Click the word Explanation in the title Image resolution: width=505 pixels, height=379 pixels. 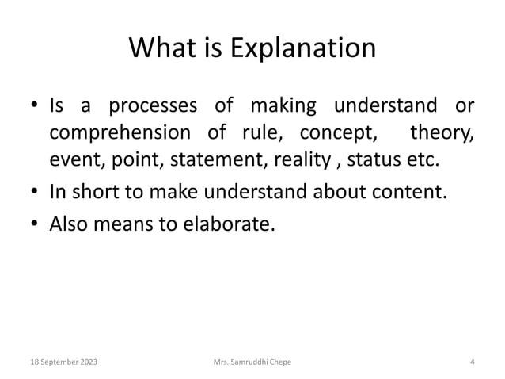pos(303,50)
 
